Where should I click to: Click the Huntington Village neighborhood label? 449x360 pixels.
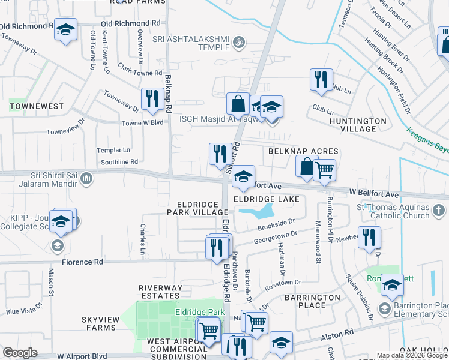pyautogui.click(x=358, y=125)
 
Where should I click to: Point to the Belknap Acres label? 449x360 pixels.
pyautogui.click(x=303, y=151)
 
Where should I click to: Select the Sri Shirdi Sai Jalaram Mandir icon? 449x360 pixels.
pyautogui.click(x=86, y=178)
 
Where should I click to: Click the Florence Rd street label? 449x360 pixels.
pyautogui.click(x=82, y=262)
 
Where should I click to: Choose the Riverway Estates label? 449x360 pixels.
pyautogui.click(x=160, y=292)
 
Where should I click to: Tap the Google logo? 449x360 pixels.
pyautogui.click(x=20, y=353)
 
